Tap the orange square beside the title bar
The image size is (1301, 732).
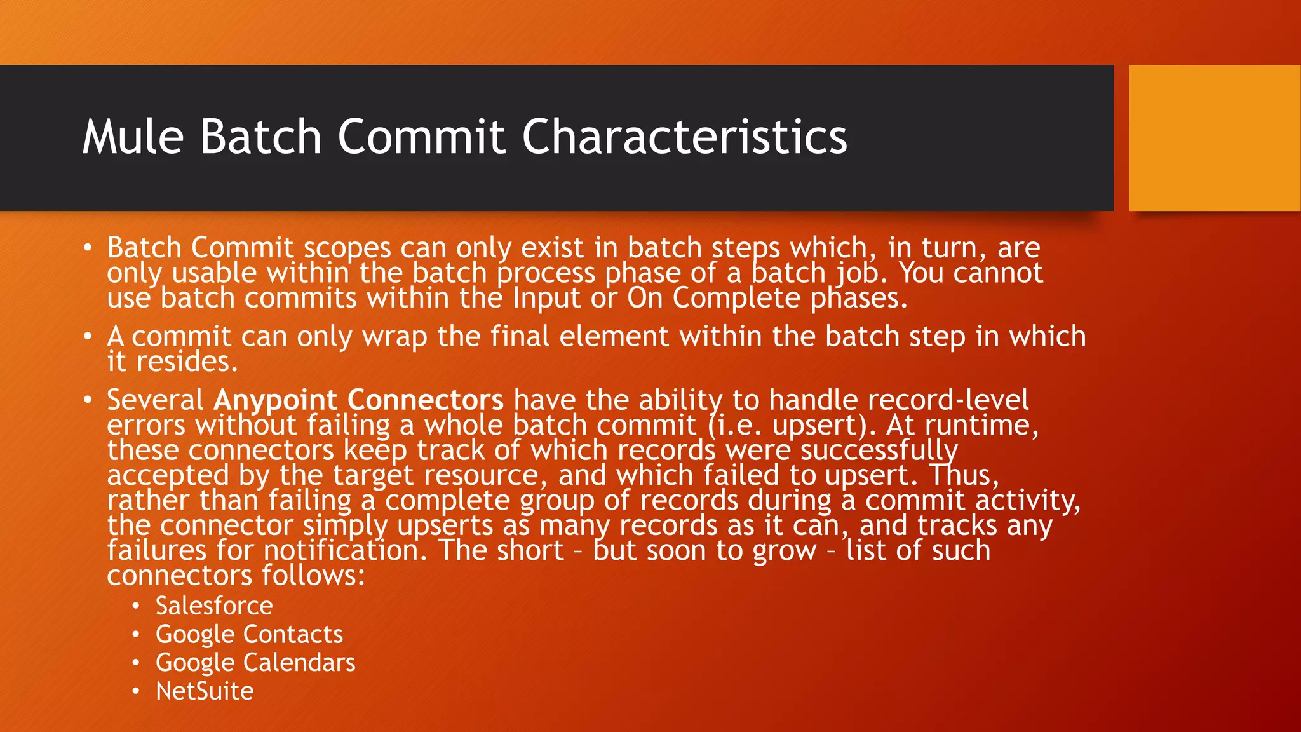pos(1214,138)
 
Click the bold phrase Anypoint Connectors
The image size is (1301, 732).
pos(358,400)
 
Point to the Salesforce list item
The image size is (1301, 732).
pos(214,606)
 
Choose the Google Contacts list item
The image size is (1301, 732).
pos(249,634)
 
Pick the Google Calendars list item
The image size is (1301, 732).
pos(255,663)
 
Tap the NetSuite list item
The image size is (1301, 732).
pos(205,691)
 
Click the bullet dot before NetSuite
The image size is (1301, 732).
pos(135,691)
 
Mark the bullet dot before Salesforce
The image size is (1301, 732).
pos(135,606)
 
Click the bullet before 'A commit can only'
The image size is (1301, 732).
pos(88,336)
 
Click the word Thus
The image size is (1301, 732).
pos(963,475)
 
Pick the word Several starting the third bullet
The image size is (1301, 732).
pos(155,400)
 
